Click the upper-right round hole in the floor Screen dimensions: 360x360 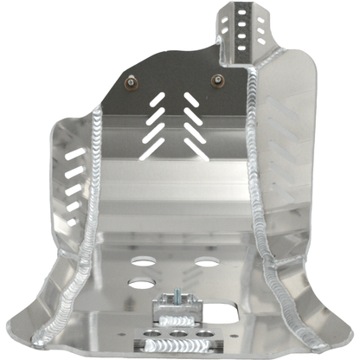206,260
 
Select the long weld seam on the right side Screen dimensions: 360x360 260,173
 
